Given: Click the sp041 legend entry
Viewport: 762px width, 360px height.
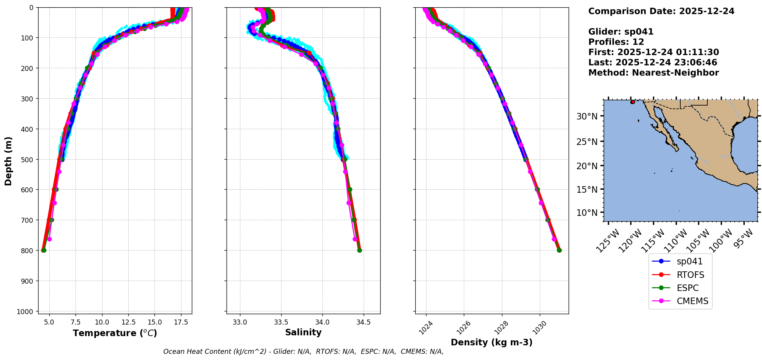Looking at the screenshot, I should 689,261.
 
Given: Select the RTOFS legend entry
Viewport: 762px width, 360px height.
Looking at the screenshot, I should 690,275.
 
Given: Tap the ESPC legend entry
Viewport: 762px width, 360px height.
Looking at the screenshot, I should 687,288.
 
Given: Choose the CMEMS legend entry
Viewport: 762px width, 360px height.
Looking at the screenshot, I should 692,301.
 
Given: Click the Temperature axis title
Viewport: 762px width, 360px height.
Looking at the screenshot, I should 115,333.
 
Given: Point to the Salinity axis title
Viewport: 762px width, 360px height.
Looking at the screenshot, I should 303,333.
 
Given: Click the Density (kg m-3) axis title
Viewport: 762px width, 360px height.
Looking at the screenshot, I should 492,342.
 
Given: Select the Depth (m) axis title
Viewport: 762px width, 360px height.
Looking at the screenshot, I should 8,161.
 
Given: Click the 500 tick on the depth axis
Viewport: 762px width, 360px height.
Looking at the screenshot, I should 29,159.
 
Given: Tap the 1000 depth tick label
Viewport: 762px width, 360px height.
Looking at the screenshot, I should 27,311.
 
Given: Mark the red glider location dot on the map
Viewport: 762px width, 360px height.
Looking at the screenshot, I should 633,102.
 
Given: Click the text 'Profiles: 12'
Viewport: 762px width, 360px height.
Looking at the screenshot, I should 616,42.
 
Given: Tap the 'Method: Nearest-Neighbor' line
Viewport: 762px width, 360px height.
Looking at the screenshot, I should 653,73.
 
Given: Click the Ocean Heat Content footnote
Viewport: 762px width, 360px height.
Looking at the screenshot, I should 303,352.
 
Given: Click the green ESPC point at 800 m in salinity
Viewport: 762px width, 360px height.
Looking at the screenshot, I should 359,251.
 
